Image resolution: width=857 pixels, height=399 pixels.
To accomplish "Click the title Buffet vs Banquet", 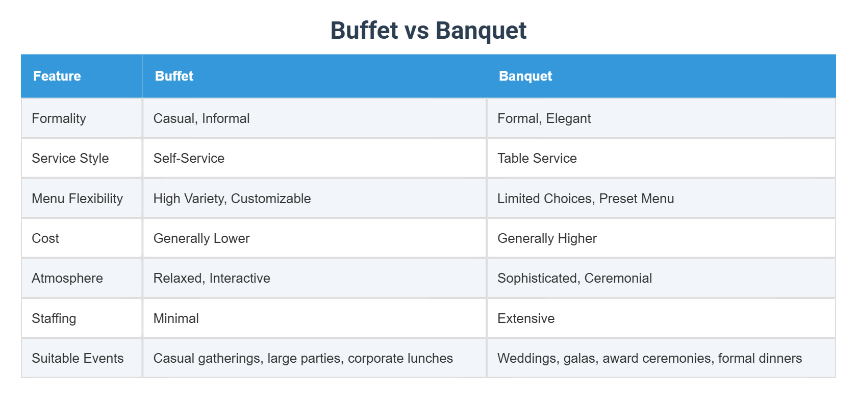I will [428, 31].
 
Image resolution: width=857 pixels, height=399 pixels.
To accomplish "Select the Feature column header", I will [57, 76].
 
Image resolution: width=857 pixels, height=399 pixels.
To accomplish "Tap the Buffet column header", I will [174, 76].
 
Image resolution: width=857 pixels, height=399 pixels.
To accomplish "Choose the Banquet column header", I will [525, 76].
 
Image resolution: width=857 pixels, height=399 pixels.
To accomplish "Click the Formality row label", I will [59, 118].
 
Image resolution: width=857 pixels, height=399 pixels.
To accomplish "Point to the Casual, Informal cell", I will [201, 118].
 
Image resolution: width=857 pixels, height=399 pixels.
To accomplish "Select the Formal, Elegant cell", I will [544, 118].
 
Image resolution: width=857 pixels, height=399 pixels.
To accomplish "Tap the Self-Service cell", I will [189, 158].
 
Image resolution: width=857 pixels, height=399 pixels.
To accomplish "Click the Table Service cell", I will [537, 158].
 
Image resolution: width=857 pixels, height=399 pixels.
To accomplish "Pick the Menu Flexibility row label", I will [77, 198].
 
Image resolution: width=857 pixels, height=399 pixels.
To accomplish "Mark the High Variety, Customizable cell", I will [232, 198].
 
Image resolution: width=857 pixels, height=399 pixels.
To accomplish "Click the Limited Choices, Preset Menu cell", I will [586, 198].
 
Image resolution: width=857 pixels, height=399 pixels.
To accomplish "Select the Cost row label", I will [45, 238].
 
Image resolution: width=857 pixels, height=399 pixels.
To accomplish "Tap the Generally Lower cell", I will [201, 238].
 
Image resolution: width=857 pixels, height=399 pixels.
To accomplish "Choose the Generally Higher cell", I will [547, 238].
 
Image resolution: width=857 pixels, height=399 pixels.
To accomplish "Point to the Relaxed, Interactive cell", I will [212, 278].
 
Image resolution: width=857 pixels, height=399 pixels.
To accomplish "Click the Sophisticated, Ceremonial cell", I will [574, 278].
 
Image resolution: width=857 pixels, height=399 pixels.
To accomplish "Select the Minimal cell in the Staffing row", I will [176, 318].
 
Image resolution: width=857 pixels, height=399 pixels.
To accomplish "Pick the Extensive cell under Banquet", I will [526, 318].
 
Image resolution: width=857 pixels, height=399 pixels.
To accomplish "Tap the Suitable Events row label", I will [78, 358].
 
